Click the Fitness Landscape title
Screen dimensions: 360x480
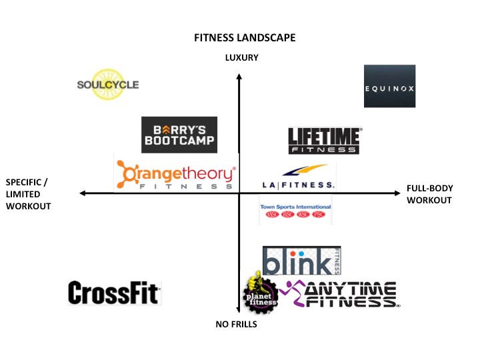(x=245, y=37)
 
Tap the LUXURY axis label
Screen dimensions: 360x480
(x=242, y=58)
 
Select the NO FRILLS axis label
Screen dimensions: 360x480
(x=236, y=325)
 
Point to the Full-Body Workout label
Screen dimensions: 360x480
(x=429, y=195)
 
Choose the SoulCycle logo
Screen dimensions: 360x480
(x=108, y=85)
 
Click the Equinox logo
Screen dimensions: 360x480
(x=389, y=86)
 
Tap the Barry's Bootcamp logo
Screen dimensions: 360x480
(x=179, y=135)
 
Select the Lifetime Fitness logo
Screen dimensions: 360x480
(x=324, y=140)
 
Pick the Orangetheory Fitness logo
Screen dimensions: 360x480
(x=175, y=175)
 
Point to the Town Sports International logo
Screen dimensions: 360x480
(x=295, y=211)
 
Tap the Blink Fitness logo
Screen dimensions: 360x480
(x=301, y=261)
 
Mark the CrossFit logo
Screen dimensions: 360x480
(x=115, y=293)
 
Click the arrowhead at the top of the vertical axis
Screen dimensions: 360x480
(x=239, y=76)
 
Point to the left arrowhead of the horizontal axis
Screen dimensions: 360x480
(x=83, y=193)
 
